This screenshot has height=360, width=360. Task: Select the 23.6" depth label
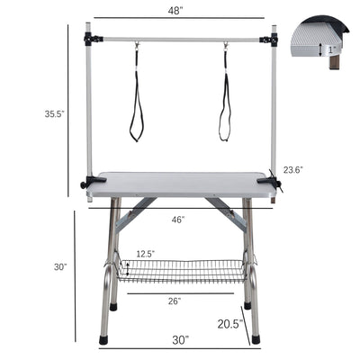click(x=292, y=169)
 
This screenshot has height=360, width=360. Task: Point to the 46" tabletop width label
click(x=178, y=219)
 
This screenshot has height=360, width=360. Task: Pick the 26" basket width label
click(x=175, y=300)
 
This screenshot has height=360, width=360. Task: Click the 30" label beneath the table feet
click(x=181, y=340)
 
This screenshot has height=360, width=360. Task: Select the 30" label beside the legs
click(x=60, y=267)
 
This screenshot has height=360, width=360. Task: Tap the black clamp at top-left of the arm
click(x=90, y=40)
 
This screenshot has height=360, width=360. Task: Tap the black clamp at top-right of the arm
click(x=268, y=40)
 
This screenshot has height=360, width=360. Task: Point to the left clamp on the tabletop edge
click(x=92, y=183)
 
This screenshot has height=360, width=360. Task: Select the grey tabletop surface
click(x=180, y=184)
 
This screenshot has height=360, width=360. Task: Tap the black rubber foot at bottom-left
click(x=104, y=340)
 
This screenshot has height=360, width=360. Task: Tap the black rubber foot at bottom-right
click(x=256, y=340)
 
